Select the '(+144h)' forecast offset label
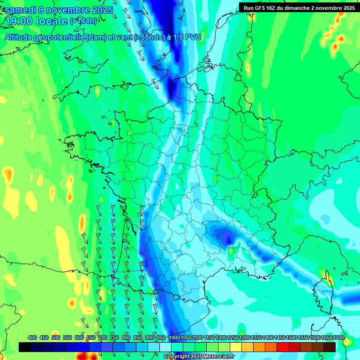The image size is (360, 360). coord(83,21)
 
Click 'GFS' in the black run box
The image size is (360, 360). coord(263,8)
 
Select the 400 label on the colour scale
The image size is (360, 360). coord(32,337)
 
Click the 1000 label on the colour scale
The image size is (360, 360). coord(174,337)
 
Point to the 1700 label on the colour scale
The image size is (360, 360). coord(338,337)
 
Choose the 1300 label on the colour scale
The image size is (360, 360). coord(245,337)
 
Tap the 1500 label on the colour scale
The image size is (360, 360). coord(292,337)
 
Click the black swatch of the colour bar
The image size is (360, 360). coord(25,347)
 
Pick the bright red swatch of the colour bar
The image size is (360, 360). coord(283,347)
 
